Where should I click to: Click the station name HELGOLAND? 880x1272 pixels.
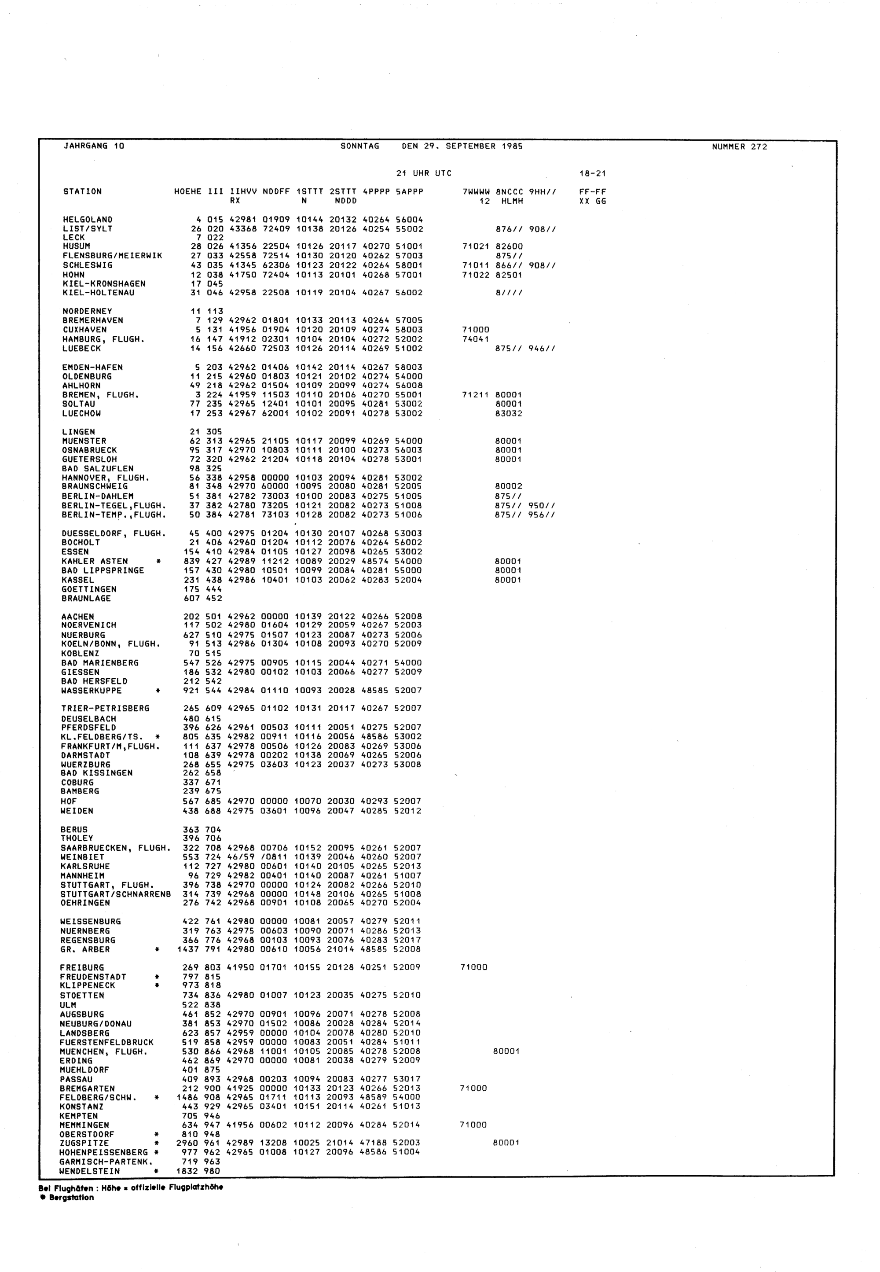[x=88, y=220]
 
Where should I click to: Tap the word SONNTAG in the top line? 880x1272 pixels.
[x=360, y=146]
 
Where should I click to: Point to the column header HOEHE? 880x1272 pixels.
[x=187, y=192]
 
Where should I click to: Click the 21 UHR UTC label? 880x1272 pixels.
[x=423, y=173]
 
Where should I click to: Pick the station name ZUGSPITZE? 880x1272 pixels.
[x=84, y=1143]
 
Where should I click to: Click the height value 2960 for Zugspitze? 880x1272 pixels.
[x=187, y=1143]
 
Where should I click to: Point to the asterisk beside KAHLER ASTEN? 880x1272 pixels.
[x=158, y=562]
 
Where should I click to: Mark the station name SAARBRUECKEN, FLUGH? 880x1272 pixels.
[x=115, y=848]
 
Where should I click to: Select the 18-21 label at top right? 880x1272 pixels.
[x=592, y=174]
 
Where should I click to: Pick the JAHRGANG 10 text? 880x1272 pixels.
[x=94, y=146]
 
